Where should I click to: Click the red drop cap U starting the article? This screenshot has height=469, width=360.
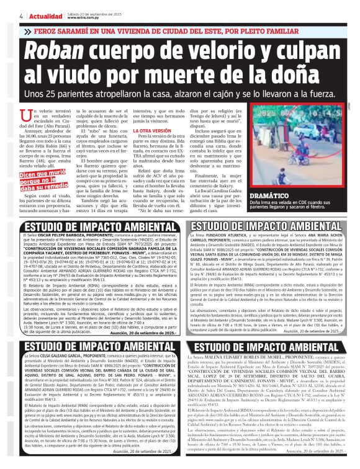(x=25, y=115)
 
